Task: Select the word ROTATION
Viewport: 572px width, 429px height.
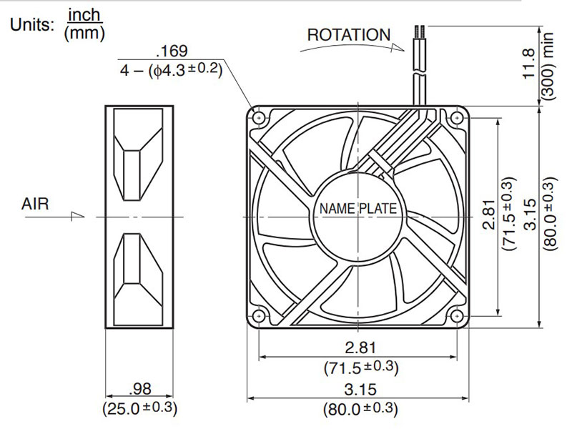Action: coord(349,34)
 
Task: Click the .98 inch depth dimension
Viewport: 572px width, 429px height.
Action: coord(140,389)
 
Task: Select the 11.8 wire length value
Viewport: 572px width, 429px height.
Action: coord(528,64)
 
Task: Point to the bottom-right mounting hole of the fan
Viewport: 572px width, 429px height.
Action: coord(457,315)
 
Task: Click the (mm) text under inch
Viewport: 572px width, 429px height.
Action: coord(84,33)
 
